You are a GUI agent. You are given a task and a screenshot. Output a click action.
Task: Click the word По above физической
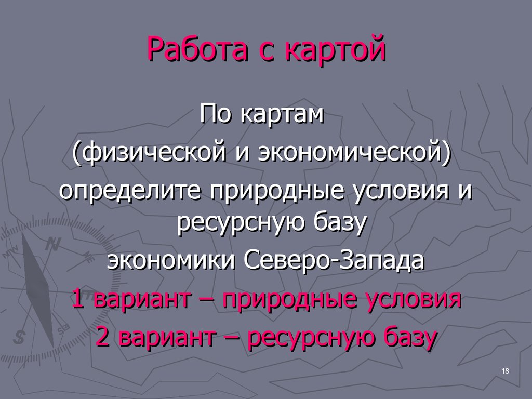pos(217,114)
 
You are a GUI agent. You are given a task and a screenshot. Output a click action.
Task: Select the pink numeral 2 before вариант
pos(103,338)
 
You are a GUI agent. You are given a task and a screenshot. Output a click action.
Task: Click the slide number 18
pos(506,370)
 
